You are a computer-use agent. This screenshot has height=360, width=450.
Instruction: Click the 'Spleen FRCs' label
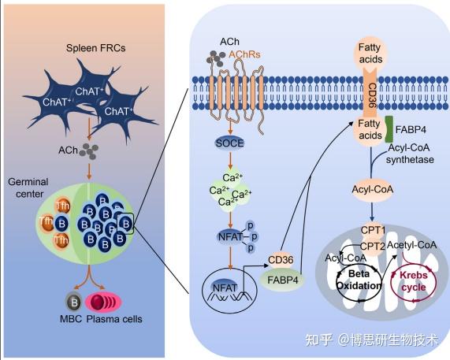pos(96,48)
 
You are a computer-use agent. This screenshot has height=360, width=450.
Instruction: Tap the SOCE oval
pos(229,143)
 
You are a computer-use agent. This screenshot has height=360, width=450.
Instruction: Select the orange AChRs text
pos(244,54)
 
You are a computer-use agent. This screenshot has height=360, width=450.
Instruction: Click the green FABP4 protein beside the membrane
pos(389,129)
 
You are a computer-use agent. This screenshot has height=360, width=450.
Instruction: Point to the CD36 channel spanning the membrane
pos(370,93)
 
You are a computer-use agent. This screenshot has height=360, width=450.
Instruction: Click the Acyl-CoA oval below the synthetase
pos(373,190)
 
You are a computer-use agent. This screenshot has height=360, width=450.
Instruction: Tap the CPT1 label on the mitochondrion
pos(373,230)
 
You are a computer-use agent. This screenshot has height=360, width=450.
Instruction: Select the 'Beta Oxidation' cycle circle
pos(359,280)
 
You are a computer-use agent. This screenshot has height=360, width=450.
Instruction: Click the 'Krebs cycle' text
pos(414,280)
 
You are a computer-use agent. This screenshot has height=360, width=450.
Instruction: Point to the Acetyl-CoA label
pos(412,245)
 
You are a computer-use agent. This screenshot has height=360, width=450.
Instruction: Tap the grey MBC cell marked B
pos(74,302)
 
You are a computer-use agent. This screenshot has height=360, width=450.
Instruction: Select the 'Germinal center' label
pos(28,187)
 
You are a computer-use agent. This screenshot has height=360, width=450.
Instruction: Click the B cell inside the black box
pos(126,224)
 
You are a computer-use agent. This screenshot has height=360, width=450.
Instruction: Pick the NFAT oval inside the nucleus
pos(225,288)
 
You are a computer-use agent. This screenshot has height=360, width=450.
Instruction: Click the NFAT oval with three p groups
pos(230,237)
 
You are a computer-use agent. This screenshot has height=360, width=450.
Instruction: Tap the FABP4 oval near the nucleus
pos(283,280)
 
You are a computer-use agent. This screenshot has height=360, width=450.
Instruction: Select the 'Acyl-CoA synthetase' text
pos(409,154)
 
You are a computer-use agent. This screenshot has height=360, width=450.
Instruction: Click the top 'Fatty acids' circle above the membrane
pos(370,54)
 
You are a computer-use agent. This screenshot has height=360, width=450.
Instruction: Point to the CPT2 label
pos(373,246)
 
